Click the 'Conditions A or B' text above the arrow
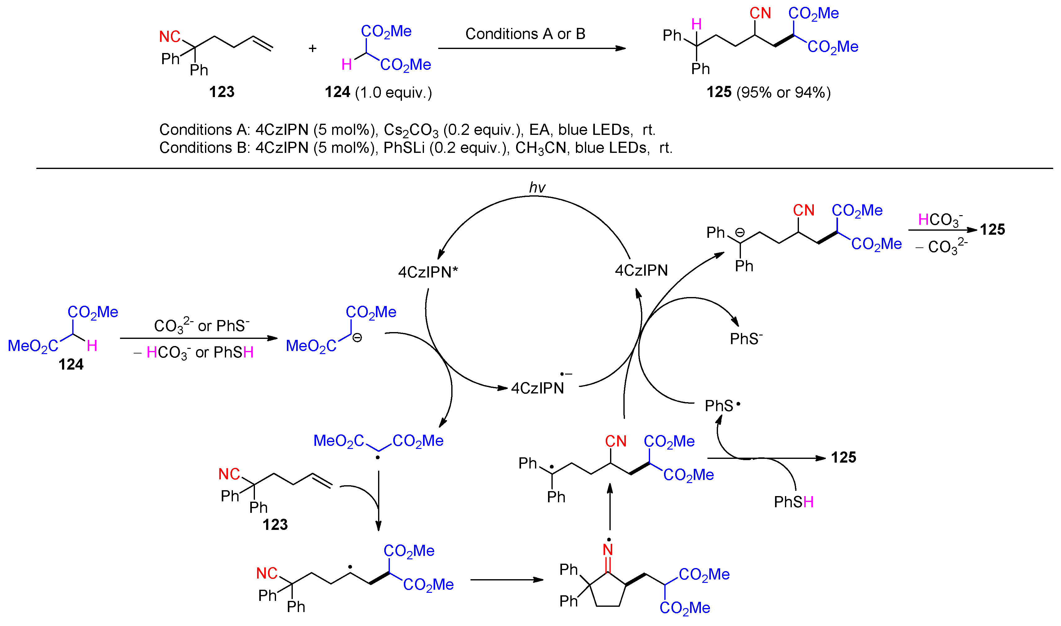point(525,34)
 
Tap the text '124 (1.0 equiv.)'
point(378,92)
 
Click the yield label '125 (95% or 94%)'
point(768,92)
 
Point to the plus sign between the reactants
point(312,48)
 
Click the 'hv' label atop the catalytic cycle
point(537,187)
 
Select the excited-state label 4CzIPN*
point(428,272)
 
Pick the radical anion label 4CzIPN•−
point(540,386)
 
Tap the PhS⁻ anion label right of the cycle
point(746,339)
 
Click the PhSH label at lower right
point(793,502)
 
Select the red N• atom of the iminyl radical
point(608,549)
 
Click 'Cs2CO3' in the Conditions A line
point(411,130)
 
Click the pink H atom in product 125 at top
point(697,24)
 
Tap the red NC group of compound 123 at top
point(170,37)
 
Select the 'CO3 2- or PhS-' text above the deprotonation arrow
point(202,326)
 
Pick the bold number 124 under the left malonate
point(71,364)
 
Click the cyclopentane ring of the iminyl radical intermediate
point(608,591)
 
